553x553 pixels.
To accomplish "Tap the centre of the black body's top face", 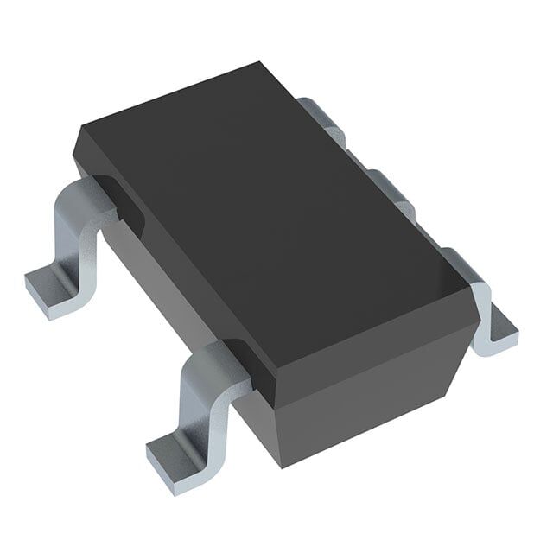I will click(276, 216).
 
